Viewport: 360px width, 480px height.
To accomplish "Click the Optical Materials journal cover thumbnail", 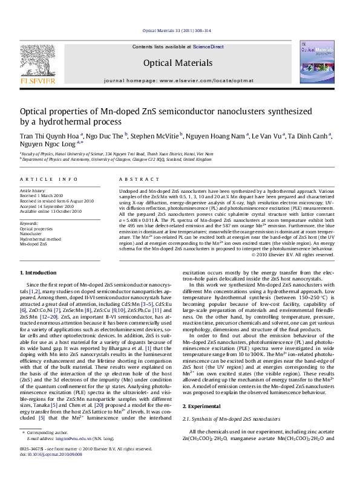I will click(x=315, y=64).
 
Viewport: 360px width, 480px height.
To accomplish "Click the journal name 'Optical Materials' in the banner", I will click(x=177, y=63).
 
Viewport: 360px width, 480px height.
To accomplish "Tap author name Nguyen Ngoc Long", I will click(x=47, y=146).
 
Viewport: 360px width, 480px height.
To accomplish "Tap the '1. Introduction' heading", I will click(x=38, y=274).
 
